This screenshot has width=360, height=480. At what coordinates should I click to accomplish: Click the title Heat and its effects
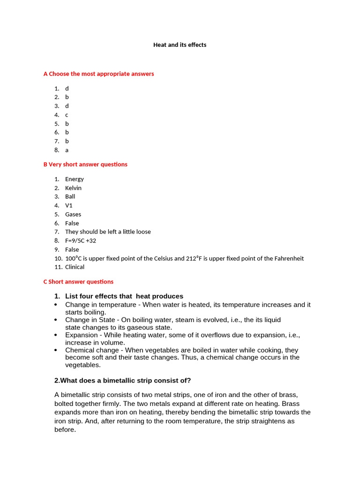[180, 45]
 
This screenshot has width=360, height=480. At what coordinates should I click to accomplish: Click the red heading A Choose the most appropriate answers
[98, 74]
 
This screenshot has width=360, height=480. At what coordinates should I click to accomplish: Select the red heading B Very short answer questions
[85, 165]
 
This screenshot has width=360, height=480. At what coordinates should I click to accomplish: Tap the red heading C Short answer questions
[78, 282]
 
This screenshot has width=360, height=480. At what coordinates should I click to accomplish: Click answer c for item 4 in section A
[67, 115]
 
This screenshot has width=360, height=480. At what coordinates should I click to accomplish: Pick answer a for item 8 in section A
[67, 150]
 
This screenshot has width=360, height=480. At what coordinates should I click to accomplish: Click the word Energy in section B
[75, 179]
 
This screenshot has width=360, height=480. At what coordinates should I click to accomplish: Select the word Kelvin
[73, 188]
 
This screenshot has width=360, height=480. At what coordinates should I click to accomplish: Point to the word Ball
[70, 196]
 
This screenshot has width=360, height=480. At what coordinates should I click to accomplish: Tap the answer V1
[69, 205]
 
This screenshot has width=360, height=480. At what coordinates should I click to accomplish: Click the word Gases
[73, 214]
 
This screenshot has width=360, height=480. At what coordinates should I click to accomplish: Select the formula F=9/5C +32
[81, 240]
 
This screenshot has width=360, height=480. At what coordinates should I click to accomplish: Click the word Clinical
[75, 267]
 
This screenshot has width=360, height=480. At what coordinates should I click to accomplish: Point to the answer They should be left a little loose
[108, 232]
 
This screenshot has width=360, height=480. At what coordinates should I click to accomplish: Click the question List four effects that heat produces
[124, 296]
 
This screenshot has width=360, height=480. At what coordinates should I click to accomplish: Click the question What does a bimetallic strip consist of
[123, 380]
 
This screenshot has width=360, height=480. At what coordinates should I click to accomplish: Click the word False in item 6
[72, 223]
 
